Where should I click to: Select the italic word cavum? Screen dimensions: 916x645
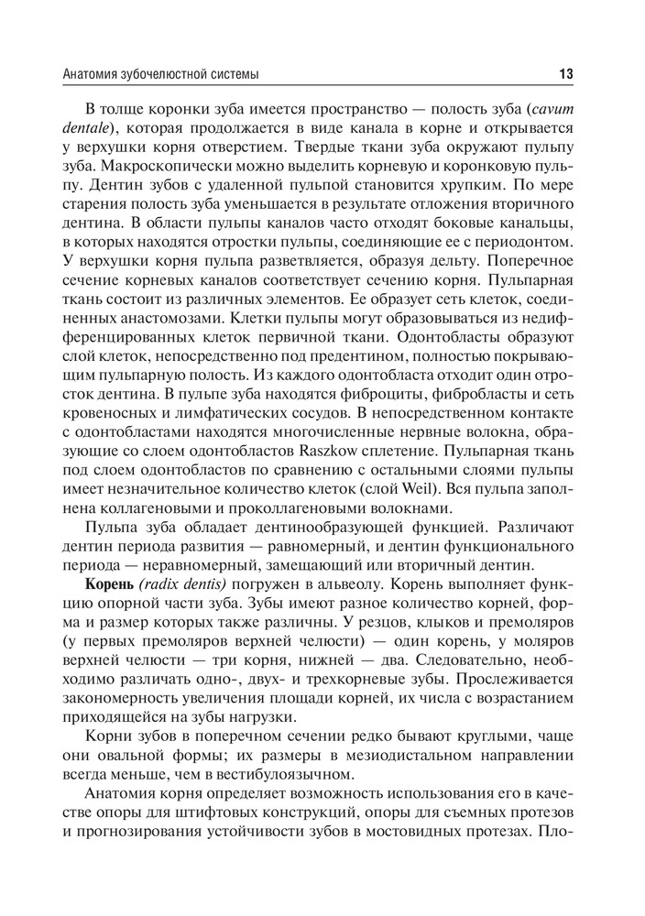551,108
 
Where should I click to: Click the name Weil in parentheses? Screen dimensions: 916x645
447,489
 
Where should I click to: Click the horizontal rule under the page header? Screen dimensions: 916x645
322,85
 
